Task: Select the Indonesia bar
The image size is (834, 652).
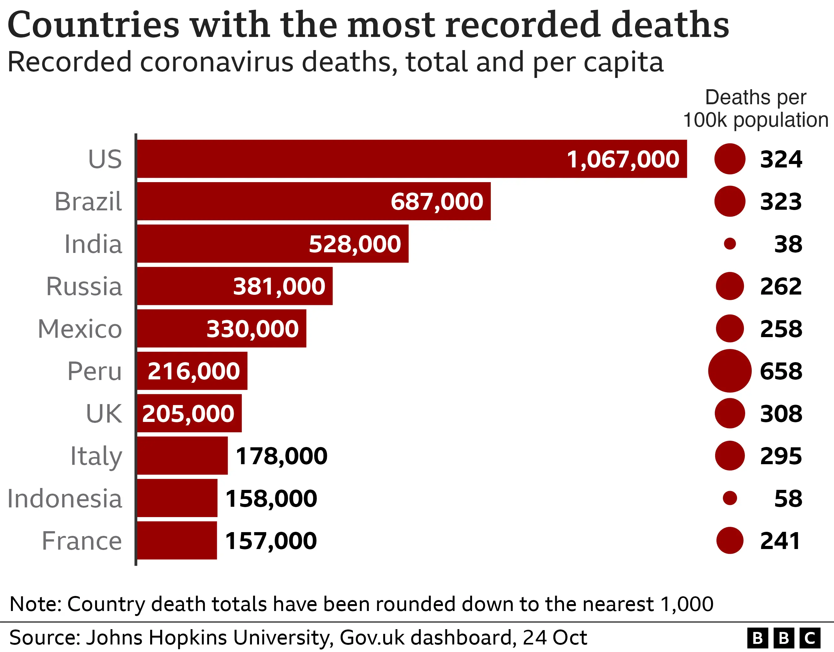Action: tap(177, 498)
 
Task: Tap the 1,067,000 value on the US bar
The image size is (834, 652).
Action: tap(623, 159)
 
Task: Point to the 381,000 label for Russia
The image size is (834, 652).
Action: tap(279, 286)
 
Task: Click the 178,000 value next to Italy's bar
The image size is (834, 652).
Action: tap(282, 456)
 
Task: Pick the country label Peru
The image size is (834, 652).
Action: tap(94, 371)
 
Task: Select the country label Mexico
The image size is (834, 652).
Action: tap(80, 329)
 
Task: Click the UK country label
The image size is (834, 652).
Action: tap(104, 413)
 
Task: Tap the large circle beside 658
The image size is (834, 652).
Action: tap(730, 371)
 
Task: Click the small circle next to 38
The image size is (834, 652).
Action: tap(730, 244)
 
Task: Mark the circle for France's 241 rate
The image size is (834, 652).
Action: tap(730, 540)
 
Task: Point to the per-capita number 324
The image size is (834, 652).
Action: tap(781, 159)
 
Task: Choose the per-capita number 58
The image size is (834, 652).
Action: tap(788, 498)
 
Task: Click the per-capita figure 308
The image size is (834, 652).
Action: tap(781, 413)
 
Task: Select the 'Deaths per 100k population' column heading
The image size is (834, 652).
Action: tap(755, 109)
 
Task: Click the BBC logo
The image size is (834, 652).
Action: tap(784, 638)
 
